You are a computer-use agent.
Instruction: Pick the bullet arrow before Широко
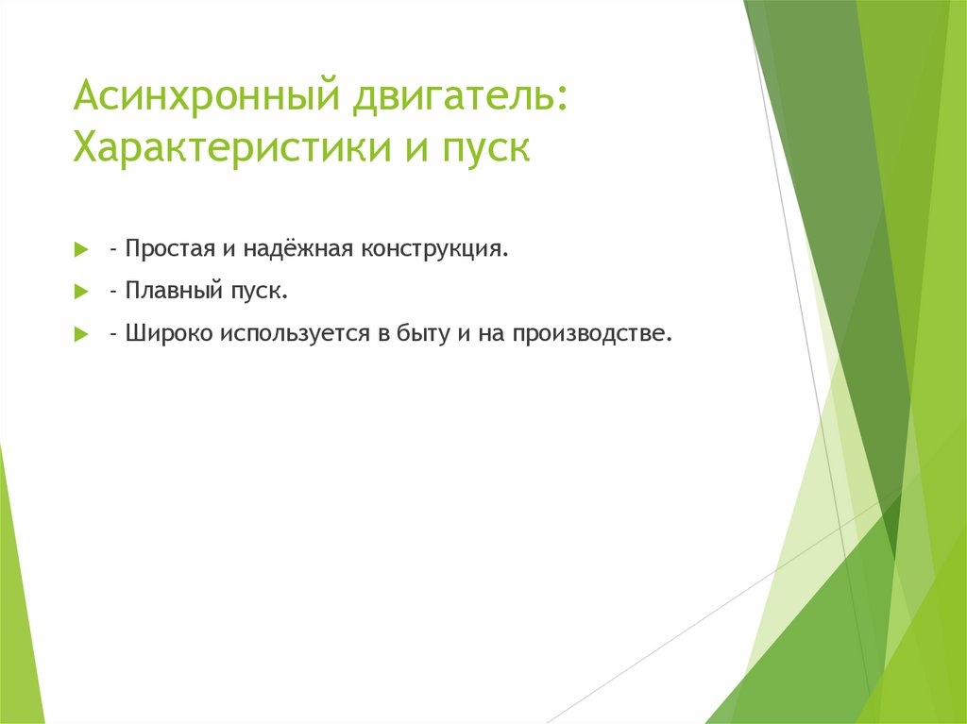click(x=81, y=335)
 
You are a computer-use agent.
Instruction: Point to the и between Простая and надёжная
click(x=229, y=251)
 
